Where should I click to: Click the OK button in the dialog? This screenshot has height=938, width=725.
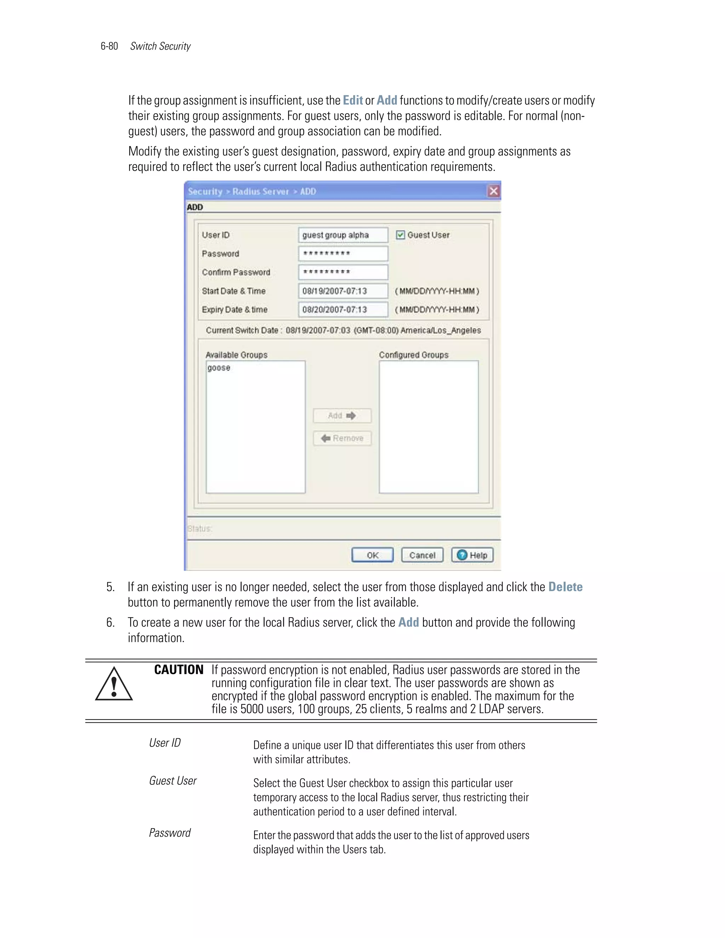click(372, 555)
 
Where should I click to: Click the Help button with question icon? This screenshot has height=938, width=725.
click(472, 555)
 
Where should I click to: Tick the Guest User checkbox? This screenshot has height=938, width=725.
click(400, 235)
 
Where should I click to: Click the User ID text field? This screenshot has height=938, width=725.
click(343, 235)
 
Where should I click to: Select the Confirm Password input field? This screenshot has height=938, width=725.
click(343, 272)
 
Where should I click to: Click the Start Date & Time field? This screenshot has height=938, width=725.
click(343, 291)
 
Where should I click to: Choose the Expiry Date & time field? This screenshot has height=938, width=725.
click(343, 310)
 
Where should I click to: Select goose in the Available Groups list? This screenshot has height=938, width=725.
click(219, 368)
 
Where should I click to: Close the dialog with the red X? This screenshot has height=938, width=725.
click(493, 191)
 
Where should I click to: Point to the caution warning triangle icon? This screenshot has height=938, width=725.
click(114, 685)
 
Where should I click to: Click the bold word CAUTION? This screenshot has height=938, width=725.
click(179, 670)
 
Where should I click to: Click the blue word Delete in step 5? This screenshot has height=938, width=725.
click(565, 587)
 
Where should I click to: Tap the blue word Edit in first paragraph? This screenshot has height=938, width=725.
click(353, 101)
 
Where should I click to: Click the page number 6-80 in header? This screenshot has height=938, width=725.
click(109, 46)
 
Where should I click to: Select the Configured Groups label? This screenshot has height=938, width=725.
click(413, 355)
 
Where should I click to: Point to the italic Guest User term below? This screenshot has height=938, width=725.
click(173, 781)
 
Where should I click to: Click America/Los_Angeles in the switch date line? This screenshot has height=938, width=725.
click(441, 330)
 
